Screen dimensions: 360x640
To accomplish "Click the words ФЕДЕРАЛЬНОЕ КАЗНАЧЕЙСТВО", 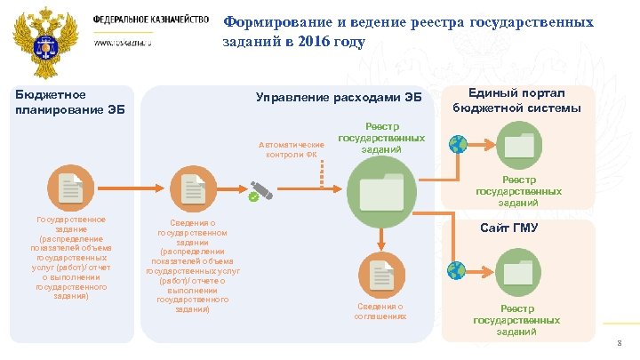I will (x=151, y=20).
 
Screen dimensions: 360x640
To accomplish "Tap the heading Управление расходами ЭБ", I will (x=338, y=97).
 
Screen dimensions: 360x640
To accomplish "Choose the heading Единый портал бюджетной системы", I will (x=516, y=100).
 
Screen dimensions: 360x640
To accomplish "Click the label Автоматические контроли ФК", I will (x=291, y=149).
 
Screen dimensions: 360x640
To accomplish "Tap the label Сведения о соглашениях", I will (x=380, y=311).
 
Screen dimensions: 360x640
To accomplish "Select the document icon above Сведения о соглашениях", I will (x=380, y=275).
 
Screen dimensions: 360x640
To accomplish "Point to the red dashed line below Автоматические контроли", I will (x=322, y=173).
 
